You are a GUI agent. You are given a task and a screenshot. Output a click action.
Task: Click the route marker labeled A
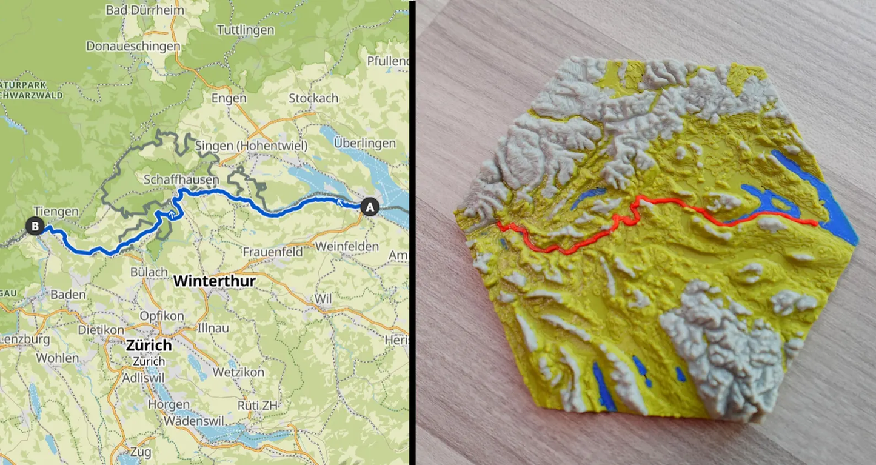pos(370,207)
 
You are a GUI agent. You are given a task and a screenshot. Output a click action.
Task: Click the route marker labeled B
pos(35,227)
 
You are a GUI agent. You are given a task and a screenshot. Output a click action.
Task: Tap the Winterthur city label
pos(215,282)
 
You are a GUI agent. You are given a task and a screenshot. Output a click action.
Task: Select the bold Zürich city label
pos(149,346)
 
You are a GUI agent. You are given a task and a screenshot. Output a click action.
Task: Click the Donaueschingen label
pos(133,46)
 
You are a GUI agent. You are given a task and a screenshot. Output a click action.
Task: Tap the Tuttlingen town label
pos(245,30)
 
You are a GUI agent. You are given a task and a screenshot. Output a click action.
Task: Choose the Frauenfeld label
pos(272,252)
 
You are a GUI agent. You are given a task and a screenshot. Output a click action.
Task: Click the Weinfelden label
pos(347,247)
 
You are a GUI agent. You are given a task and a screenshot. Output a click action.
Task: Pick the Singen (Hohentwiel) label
pos(251,146)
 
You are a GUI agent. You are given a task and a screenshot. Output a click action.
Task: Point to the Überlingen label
pos(364,144)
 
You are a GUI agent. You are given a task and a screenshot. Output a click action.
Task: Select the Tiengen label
pos(56,211)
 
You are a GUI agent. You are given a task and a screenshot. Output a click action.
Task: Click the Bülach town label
pos(149,272)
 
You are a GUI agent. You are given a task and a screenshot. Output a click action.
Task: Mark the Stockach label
pos(313,98)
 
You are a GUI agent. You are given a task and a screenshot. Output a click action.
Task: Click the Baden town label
pos(68,295)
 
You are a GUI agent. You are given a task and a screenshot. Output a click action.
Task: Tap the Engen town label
pos(229,98)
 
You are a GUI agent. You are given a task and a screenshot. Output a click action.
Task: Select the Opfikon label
pos(161,316)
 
